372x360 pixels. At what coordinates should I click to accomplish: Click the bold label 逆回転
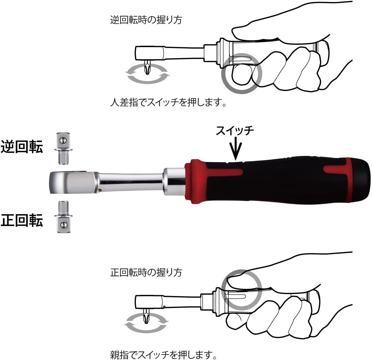click(x=22, y=147)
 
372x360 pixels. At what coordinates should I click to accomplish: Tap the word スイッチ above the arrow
click(x=235, y=131)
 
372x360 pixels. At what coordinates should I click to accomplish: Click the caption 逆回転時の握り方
click(x=146, y=20)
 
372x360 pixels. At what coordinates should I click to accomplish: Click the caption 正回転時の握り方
click(x=146, y=272)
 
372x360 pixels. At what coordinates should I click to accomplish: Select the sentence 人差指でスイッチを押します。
click(x=168, y=103)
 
